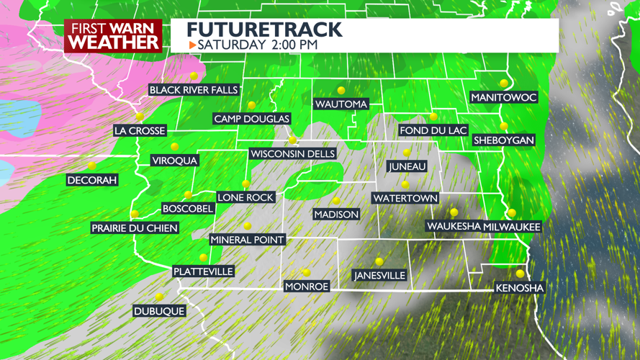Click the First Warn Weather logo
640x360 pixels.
coord(113,35)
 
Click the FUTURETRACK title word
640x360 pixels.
coord(264,30)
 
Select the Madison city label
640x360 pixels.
coord(336,215)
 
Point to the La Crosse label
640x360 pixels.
coord(140,131)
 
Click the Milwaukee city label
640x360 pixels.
coord(512,227)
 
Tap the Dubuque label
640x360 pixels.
coord(159,311)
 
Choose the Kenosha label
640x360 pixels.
coord(520,288)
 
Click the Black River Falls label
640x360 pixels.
coord(193,90)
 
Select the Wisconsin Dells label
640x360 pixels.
coord(292,154)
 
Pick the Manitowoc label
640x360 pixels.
coord(504,97)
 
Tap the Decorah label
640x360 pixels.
coord(92,180)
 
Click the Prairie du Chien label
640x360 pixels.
coord(135,228)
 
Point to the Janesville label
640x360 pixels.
coord(379,275)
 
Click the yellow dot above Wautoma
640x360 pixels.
coord(341,91)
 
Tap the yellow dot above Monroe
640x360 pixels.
coord(307,273)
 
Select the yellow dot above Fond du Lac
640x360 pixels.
coord(433,117)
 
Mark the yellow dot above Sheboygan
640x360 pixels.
coord(504,127)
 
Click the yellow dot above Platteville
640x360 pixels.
coord(204,258)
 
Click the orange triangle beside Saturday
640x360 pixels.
coord(192,45)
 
